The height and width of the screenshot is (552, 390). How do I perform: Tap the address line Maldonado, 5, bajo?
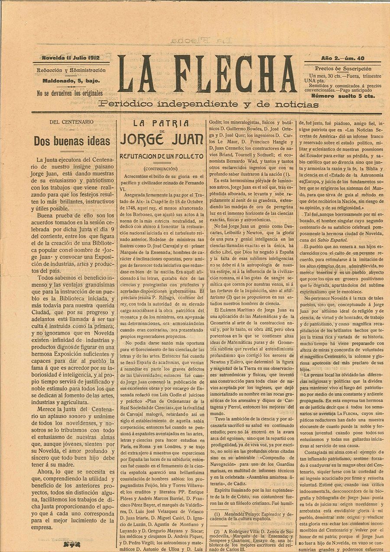point(71,81)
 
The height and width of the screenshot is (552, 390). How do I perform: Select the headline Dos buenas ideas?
point(72,141)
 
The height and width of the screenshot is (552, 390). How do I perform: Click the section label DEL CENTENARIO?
point(71,122)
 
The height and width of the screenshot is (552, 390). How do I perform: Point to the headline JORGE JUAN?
point(162,140)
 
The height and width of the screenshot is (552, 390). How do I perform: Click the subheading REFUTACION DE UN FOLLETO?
point(162,156)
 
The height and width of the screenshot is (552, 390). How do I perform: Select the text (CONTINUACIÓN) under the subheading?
point(162,168)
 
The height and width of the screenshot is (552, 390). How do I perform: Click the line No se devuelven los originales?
point(70,93)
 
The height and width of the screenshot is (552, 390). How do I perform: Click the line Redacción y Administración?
point(71,70)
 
